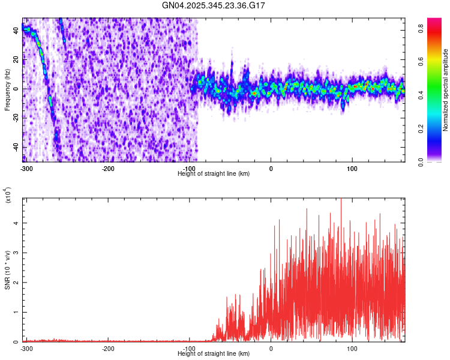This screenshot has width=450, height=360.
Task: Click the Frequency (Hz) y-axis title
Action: pos(7,90)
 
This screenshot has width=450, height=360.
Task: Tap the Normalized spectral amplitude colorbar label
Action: pos(446,90)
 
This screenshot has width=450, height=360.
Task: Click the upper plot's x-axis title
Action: pos(214,173)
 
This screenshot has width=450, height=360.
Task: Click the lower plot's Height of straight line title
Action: pos(214,353)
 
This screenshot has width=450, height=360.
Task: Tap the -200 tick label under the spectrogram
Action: pos(109,168)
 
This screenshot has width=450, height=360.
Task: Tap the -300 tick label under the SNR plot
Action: pos(27,348)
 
